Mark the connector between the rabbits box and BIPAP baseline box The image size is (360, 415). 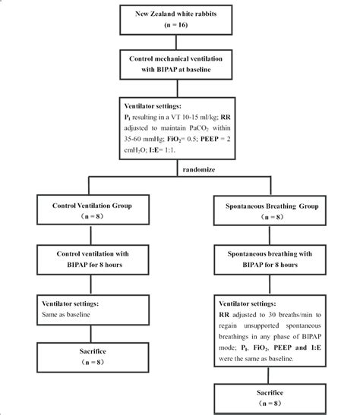pyautogui.click(x=179, y=44)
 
